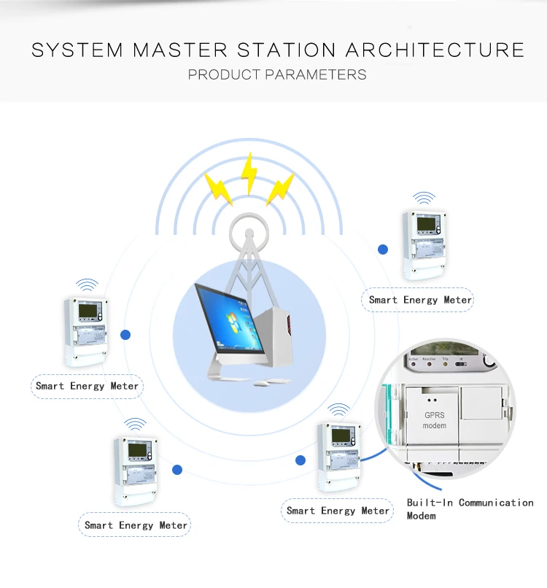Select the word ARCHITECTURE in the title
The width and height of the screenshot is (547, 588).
click(435, 50)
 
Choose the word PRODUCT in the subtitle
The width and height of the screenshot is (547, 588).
click(223, 74)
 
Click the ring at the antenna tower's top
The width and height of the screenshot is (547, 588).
click(247, 235)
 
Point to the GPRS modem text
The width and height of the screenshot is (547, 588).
click(435, 420)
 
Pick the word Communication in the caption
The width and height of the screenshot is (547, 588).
click(496, 503)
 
